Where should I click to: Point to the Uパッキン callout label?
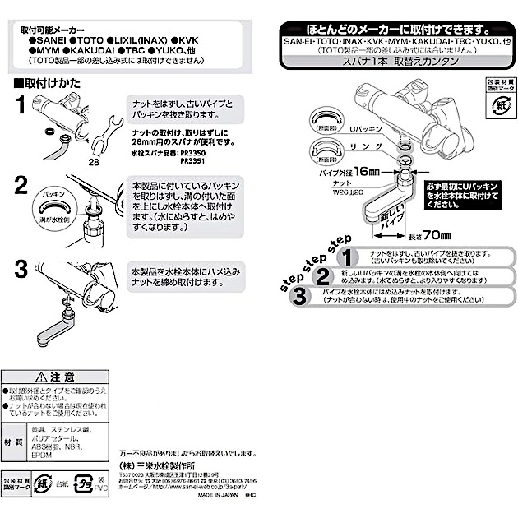[x=367, y=130]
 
